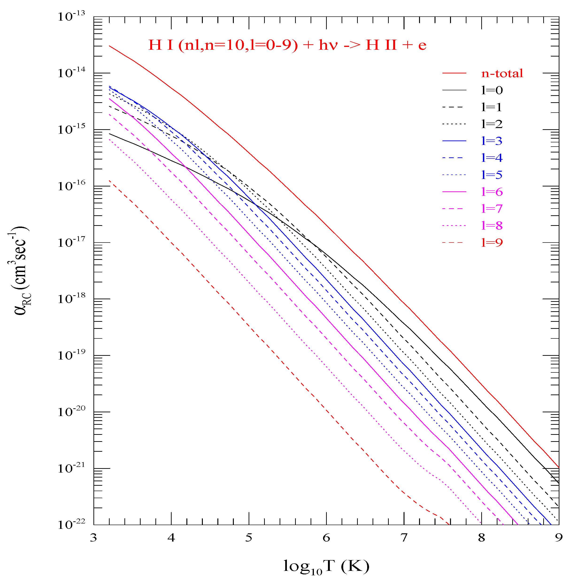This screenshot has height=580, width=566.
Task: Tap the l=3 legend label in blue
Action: click(492, 141)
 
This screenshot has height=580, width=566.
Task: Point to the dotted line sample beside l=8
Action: click(454, 226)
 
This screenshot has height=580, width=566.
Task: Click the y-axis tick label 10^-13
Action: click(71, 16)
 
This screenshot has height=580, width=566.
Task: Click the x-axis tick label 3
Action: click(93, 538)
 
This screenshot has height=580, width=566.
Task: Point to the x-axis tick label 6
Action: click(326, 538)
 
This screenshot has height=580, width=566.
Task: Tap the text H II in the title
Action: click(381, 45)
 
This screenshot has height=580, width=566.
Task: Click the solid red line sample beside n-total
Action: click(454, 73)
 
